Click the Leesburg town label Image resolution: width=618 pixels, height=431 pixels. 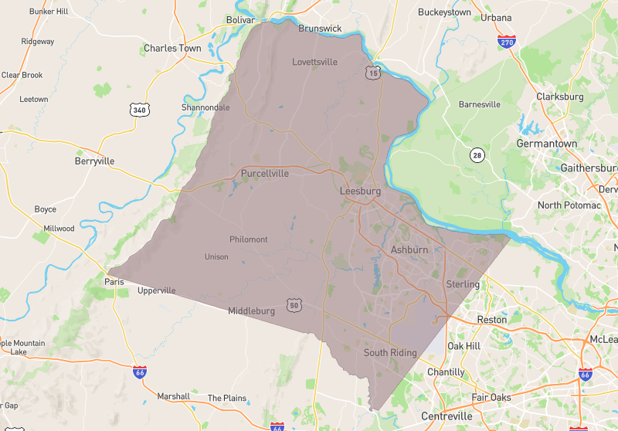[361, 191]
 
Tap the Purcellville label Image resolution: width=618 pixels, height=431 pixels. [265, 174]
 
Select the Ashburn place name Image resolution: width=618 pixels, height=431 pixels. [409, 250]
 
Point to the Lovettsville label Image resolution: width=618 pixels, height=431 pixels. [316, 62]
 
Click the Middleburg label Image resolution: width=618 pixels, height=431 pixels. [251, 311]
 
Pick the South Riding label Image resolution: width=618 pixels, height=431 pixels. [390, 353]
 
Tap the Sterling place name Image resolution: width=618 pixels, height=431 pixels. [463, 284]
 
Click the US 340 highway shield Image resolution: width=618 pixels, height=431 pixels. [140, 110]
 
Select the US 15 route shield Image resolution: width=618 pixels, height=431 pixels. [373, 73]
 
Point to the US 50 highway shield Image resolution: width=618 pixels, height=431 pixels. [294, 305]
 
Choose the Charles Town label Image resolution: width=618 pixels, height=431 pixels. [172, 48]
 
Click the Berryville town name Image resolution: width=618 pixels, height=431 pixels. [94, 161]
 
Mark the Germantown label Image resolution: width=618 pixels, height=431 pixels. [547, 144]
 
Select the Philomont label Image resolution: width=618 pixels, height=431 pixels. [249, 239]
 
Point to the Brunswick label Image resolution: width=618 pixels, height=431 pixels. [320, 29]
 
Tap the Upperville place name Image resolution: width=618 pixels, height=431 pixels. [157, 290]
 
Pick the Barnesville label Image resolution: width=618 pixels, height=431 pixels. [480, 104]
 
